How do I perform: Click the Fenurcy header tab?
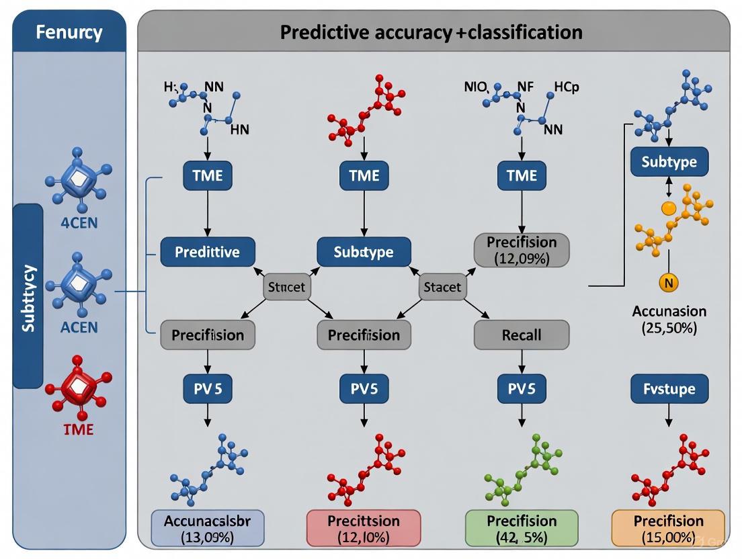[x=69, y=32]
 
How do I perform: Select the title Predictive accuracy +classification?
[x=431, y=32]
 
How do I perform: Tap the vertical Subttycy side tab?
[x=29, y=296]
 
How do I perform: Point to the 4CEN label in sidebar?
[x=79, y=222]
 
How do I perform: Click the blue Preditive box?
[x=207, y=252]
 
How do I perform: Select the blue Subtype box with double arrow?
[x=669, y=162]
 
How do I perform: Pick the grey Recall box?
[x=521, y=335]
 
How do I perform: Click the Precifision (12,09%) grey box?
[x=522, y=249]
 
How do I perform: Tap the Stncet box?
[x=286, y=287]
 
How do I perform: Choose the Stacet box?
[x=443, y=287]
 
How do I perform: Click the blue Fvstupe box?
[x=668, y=388]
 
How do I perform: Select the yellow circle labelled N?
[x=668, y=283]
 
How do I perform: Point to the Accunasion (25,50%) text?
[x=669, y=319]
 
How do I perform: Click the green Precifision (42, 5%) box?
[x=522, y=528]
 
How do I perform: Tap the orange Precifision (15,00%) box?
[x=668, y=528]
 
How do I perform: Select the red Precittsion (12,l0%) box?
[x=363, y=528]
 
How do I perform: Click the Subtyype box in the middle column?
[x=364, y=252]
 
